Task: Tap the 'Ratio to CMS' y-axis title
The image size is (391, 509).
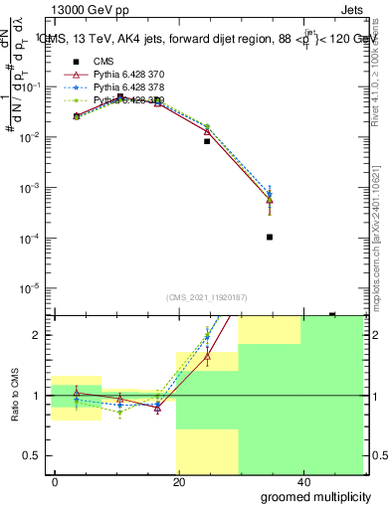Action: (x=15, y=395)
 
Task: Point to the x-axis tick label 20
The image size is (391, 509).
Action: (x=179, y=480)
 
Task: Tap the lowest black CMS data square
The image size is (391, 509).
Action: (x=270, y=237)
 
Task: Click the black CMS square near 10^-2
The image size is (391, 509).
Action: (x=207, y=141)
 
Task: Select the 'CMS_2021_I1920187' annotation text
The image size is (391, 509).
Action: (x=207, y=297)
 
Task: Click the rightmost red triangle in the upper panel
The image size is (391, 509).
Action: (x=270, y=200)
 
